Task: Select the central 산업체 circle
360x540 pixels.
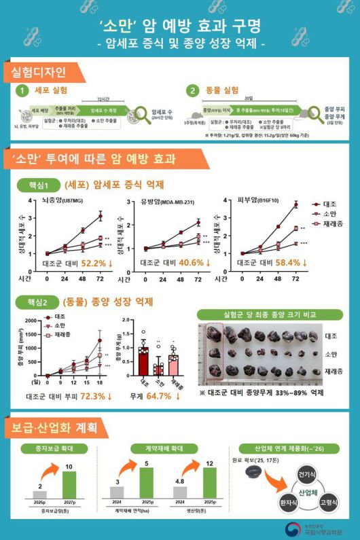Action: point(306,491)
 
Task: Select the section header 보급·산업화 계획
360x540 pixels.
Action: point(52,429)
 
